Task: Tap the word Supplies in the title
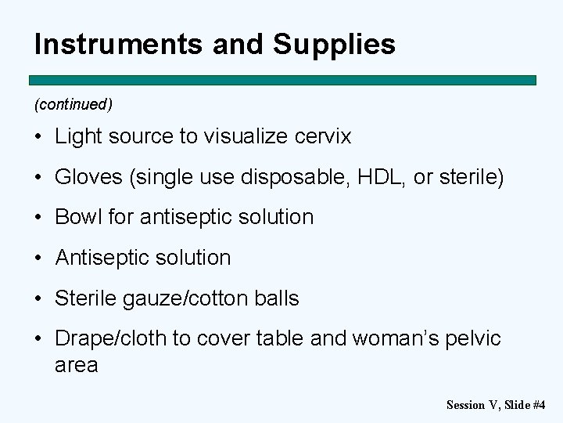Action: (334, 45)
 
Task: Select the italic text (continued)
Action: (74, 104)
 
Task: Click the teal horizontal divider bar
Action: (282, 80)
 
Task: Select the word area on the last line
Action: (76, 365)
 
